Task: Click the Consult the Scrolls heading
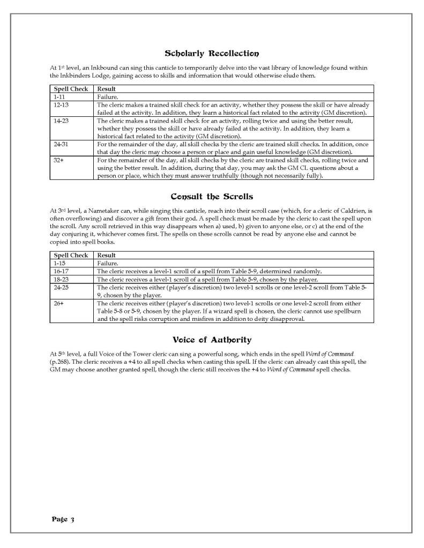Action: pyautogui.click(x=212, y=197)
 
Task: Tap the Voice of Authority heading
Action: pyautogui.click(x=212, y=340)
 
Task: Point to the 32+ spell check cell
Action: pyautogui.click(x=59, y=160)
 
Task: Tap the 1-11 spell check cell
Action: pyautogui.click(x=59, y=97)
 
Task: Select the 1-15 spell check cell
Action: pyautogui.click(x=59, y=264)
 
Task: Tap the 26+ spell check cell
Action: pyautogui.click(x=59, y=303)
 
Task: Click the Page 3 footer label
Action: pyautogui.click(x=63, y=519)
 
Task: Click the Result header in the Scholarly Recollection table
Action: pyautogui.click(x=107, y=89)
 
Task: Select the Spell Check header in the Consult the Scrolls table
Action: pyautogui.click(x=71, y=256)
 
